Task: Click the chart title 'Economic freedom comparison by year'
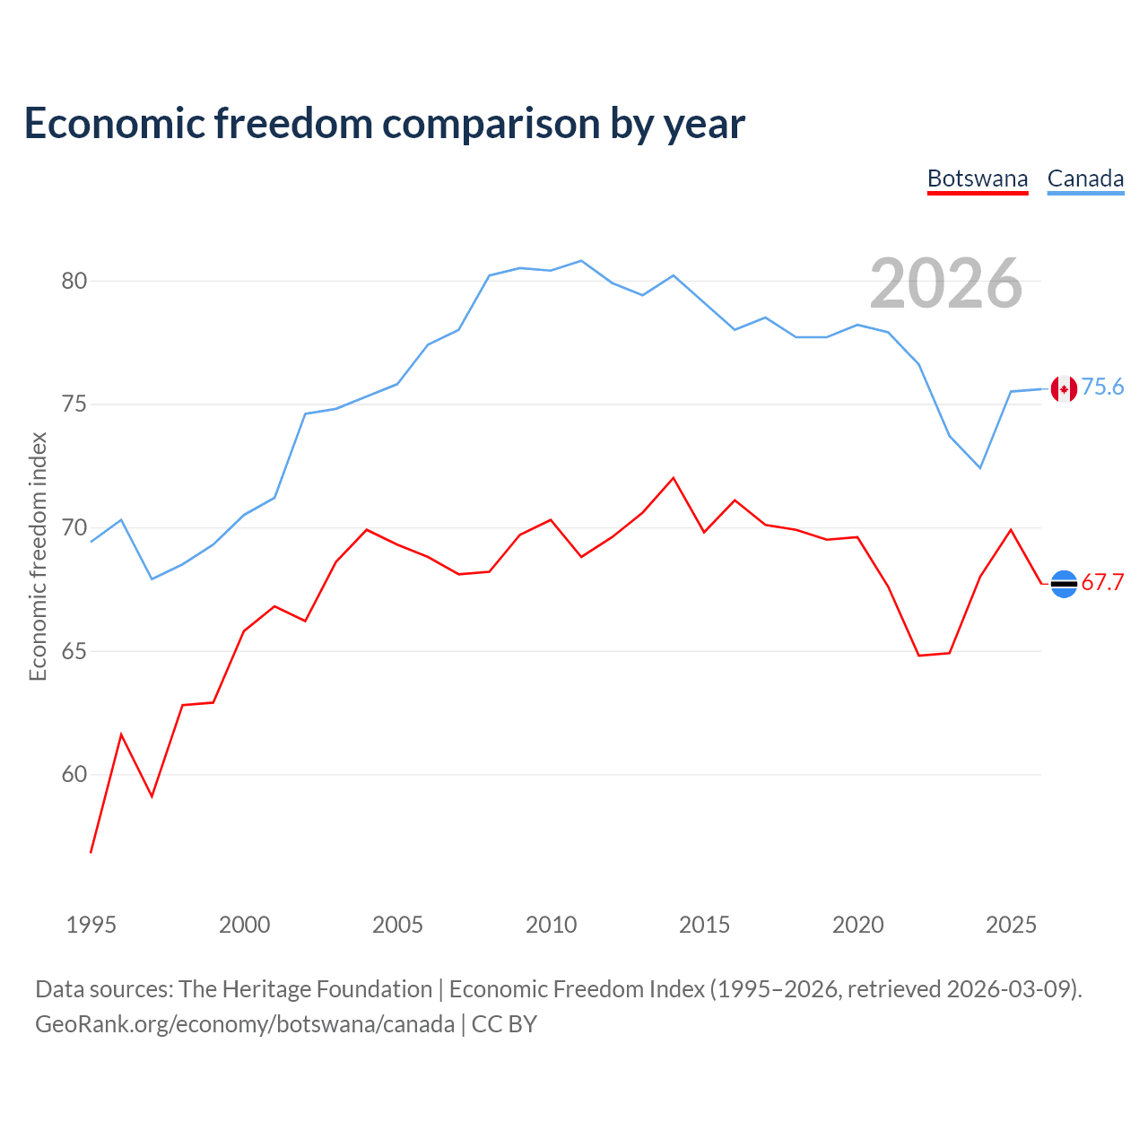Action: [x=384, y=123]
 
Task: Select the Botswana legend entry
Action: [x=977, y=179]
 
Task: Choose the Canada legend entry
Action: [x=1085, y=179]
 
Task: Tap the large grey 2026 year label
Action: [x=945, y=283]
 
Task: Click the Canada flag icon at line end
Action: [x=1064, y=389]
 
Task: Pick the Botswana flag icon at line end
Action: [x=1064, y=584]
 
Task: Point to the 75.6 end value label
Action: [x=1102, y=387]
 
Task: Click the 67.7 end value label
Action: [x=1102, y=582]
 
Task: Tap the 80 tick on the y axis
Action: [x=74, y=281]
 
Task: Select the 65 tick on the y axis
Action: [x=74, y=651]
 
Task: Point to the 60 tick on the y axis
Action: [x=74, y=775]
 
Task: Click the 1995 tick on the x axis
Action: [x=91, y=925]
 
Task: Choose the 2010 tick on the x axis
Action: [x=551, y=925]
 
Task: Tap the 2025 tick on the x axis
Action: [x=1011, y=925]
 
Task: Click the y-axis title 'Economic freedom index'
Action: [x=39, y=556]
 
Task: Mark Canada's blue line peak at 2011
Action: [x=581, y=261]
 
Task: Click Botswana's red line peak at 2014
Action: [x=674, y=478]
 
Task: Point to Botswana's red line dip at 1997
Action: [x=152, y=796]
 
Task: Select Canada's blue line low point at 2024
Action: [x=980, y=468]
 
